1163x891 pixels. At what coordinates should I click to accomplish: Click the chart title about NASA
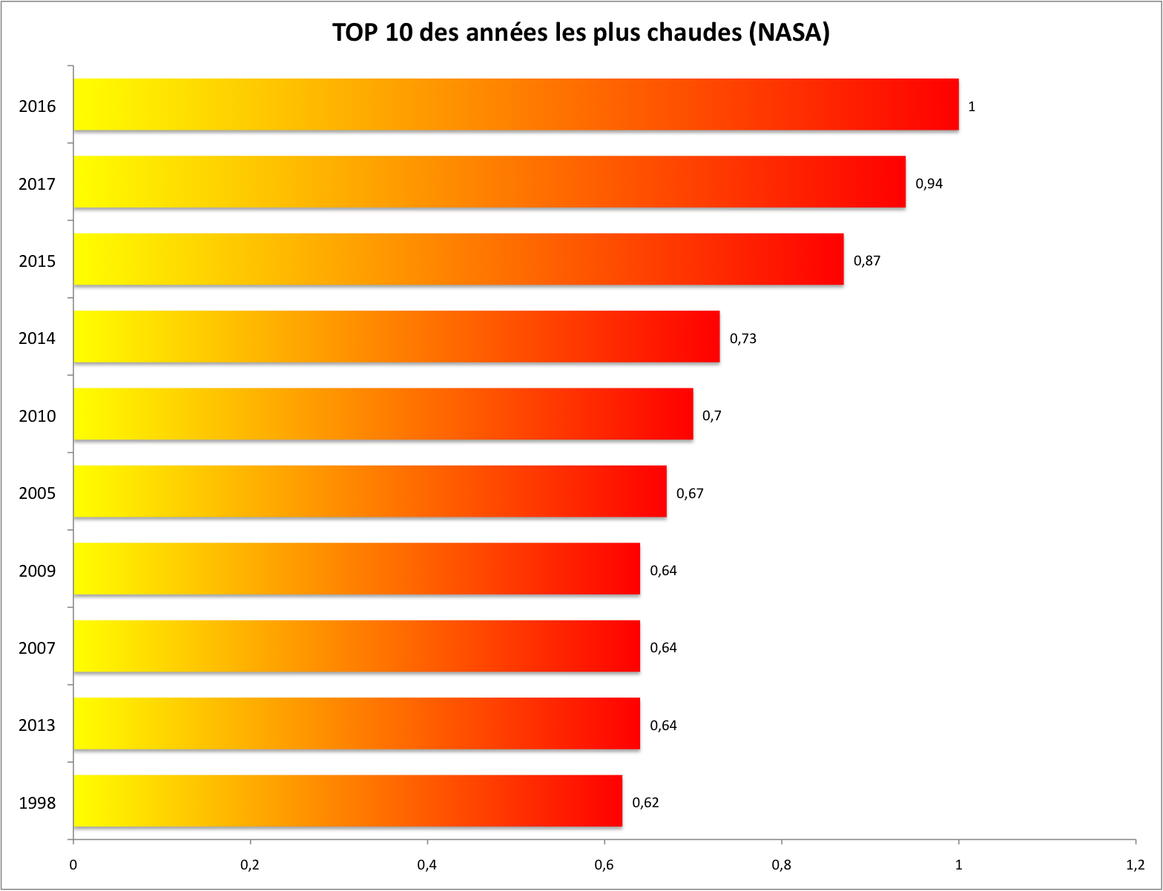click(581, 33)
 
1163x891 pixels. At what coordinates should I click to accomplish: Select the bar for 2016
click(515, 105)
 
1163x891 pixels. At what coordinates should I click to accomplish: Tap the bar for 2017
click(490, 182)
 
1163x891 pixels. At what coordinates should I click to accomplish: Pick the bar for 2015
click(458, 259)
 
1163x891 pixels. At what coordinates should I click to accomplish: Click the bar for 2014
click(396, 337)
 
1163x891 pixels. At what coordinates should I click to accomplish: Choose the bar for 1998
click(348, 801)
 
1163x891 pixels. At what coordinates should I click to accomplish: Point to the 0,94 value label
click(929, 184)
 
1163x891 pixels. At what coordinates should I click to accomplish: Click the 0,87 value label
click(866, 261)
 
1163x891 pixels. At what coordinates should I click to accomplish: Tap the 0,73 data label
click(742, 339)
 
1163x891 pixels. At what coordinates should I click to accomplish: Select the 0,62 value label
click(645, 803)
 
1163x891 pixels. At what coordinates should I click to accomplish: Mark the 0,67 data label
click(690, 494)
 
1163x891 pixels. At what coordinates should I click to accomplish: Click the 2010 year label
click(37, 416)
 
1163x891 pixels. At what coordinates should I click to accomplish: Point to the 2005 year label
click(37, 494)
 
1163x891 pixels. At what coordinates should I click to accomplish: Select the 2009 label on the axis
click(37, 571)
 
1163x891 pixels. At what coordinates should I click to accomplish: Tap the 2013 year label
click(37, 726)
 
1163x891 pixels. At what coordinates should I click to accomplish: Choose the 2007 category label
click(37, 649)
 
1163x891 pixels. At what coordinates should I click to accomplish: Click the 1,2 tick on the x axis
click(1135, 865)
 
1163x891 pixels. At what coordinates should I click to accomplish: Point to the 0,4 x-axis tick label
click(426, 865)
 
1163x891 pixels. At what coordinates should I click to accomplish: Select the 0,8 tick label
click(781, 865)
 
